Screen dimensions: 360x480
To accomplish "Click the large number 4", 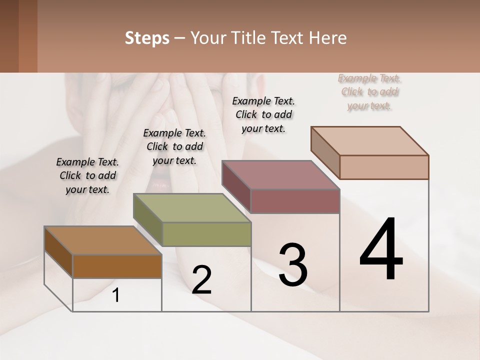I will [x=381, y=250].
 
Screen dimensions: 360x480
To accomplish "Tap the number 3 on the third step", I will [x=293, y=265].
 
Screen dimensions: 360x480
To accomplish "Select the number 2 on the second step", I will [x=201, y=280].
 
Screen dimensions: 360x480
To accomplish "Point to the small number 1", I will [x=116, y=295].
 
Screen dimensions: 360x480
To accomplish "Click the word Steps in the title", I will [x=147, y=38].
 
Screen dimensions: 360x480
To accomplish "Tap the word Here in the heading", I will [x=329, y=38].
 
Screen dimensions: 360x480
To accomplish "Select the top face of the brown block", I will [x=102, y=240].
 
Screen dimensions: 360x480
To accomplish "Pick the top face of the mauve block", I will [x=280, y=175].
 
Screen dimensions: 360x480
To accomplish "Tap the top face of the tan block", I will [x=369, y=140].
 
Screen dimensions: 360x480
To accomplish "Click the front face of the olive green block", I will [x=206, y=234].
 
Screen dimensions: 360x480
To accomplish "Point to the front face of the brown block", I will [x=117, y=266].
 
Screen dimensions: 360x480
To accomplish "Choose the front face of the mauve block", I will [x=295, y=201].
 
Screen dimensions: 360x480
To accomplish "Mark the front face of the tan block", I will [x=384, y=167].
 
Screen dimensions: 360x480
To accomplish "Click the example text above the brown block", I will [x=87, y=175].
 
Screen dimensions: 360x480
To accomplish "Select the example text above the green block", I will [x=174, y=146].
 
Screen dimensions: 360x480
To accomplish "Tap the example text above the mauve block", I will [x=263, y=114].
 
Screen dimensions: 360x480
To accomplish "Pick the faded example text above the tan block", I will [x=369, y=92].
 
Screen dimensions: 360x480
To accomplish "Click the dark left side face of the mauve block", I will [x=236, y=186].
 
